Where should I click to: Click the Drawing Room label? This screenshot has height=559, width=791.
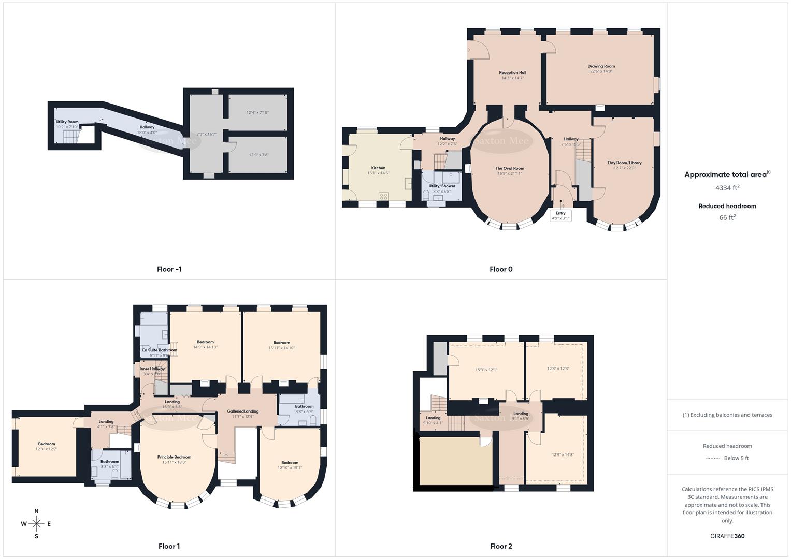point(601,66)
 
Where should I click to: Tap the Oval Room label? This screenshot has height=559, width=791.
point(510,168)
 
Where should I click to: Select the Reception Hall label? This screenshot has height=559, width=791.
point(512,73)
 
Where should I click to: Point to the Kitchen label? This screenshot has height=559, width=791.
point(378,168)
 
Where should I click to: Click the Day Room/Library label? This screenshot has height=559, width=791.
point(624,163)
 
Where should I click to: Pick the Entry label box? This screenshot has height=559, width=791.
point(560,215)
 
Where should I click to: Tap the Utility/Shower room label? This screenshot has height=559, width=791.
point(442,186)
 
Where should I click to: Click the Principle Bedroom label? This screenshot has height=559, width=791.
point(174,457)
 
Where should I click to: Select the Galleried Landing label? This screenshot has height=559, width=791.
point(242,411)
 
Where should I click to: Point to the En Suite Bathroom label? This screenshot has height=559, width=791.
point(160,350)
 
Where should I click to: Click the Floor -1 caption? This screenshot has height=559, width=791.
point(169,269)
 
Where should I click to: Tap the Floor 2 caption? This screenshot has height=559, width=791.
point(501,546)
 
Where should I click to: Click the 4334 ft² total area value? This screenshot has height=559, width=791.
point(727,188)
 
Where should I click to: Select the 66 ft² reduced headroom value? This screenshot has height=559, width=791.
point(727,217)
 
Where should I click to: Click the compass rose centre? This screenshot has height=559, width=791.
point(36,524)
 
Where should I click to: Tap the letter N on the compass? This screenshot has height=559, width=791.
point(36,511)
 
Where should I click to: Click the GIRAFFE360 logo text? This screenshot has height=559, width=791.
point(727,536)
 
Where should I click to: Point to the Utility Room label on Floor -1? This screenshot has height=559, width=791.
point(67,122)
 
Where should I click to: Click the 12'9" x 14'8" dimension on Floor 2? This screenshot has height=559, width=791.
point(563,455)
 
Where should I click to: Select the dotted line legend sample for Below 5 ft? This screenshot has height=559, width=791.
point(713,458)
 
